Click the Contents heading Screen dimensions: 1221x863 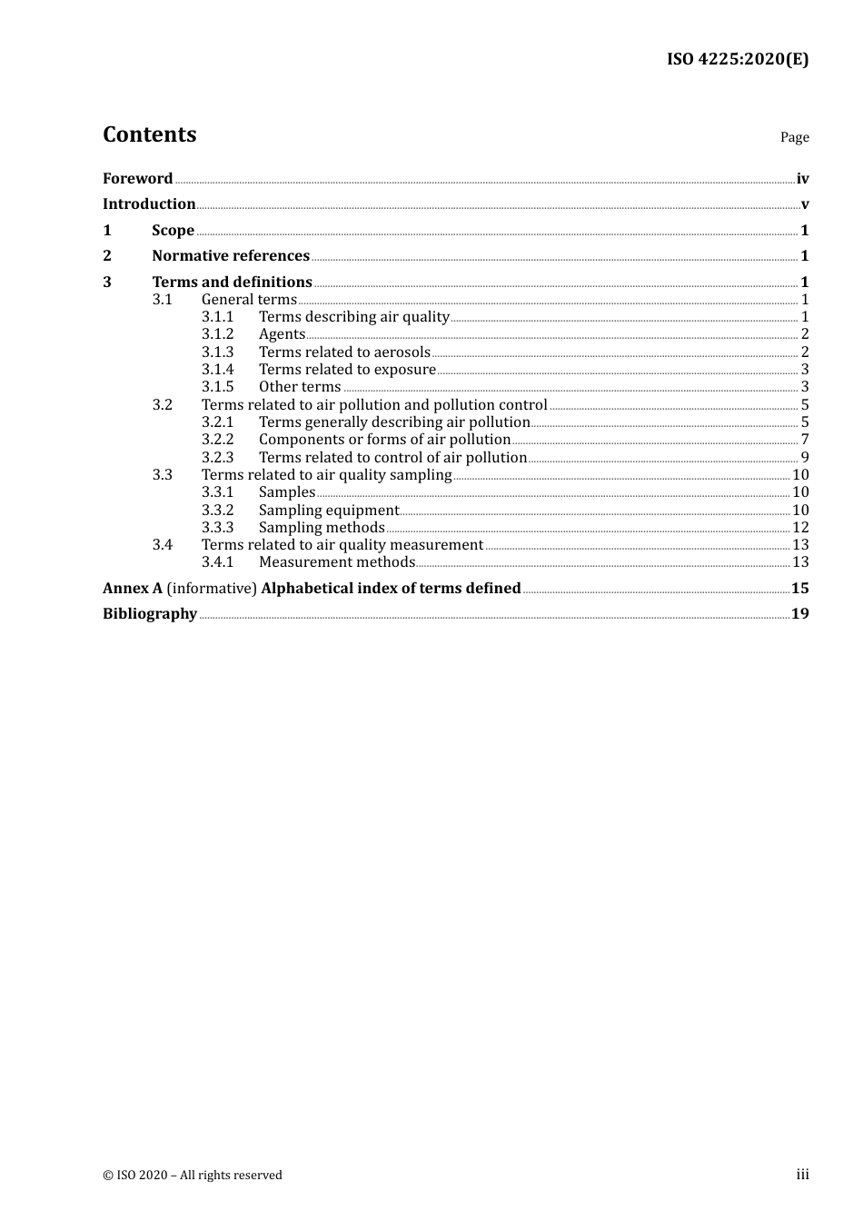[x=149, y=134]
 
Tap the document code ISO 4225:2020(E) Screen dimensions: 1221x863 [x=737, y=59]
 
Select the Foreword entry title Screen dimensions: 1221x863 [x=137, y=179]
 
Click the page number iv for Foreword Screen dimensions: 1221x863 [x=802, y=179]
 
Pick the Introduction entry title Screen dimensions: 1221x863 [x=149, y=204]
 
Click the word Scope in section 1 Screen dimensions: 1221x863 [x=173, y=231]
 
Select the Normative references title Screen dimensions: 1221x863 [x=231, y=256]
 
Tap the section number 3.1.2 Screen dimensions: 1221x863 [x=217, y=334]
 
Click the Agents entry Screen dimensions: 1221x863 [x=282, y=334]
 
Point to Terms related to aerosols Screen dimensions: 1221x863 [x=344, y=352]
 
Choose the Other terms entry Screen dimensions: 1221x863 [x=300, y=387]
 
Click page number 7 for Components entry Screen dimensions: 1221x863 [x=805, y=440]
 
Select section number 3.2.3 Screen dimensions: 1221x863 [x=217, y=458]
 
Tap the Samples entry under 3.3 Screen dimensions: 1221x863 [x=287, y=492]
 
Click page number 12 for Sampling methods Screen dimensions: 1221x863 [x=800, y=528]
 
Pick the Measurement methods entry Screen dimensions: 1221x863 [x=337, y=562]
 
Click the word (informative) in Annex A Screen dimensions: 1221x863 [x=212, y=589]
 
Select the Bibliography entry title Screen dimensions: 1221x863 [x=150, y=614]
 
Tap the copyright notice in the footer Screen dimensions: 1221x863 [x=193, y=1176]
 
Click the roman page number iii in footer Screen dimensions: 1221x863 [x=802, y=1175]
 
